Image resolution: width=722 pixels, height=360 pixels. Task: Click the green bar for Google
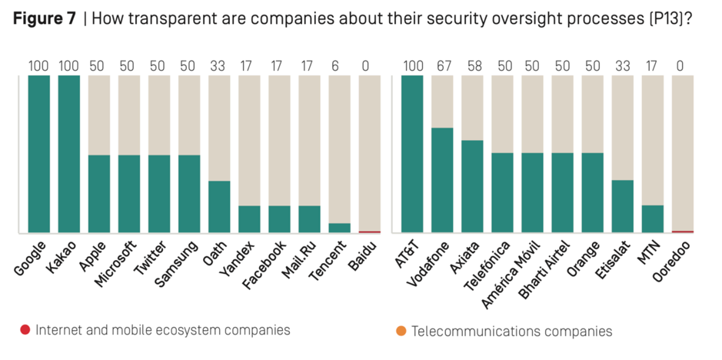tap(39, 154)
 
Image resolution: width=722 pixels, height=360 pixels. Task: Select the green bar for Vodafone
tap(442, 180)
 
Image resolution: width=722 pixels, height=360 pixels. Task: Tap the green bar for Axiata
tap(472, 186)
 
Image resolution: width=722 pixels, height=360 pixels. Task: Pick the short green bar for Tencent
tap(340, 228)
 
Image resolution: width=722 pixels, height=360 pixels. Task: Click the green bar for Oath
tap(220, 206)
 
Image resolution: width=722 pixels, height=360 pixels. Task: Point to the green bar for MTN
tap(653, 218)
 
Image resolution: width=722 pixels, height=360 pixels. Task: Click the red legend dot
tap(25, 331)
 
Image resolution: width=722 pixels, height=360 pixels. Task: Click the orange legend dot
tap(401, 332)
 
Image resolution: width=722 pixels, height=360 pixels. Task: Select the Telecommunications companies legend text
tap(512, 332)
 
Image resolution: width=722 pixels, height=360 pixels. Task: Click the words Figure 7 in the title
tap(44, 19)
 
